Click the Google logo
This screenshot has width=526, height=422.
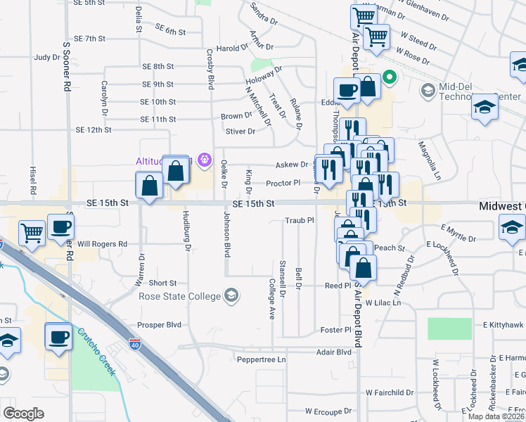(23, 414)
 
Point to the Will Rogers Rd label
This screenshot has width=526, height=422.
(102, 244)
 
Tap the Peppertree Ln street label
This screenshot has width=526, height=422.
(261, 359)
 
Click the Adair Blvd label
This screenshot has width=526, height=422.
(333, 352)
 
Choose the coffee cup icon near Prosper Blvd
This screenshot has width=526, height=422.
(59, 336)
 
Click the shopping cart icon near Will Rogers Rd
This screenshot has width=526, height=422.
(32, 231)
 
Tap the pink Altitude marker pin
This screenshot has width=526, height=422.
(205, 160)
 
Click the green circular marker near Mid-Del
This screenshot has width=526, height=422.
(389, 79)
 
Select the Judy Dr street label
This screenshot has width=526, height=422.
(48, 58)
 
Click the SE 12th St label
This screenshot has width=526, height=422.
(94, 130)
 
